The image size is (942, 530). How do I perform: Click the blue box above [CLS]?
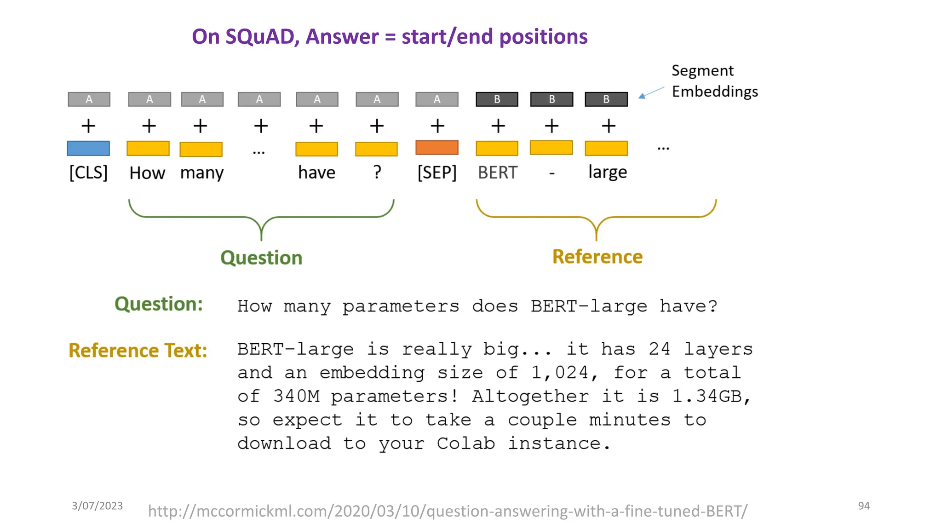click(88, 148)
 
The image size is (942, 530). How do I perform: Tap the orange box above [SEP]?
click(437, 148)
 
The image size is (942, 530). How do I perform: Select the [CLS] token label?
click(88, 173)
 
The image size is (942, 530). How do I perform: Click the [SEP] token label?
click(437, 173)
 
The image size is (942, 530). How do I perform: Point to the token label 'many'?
click(201, 173)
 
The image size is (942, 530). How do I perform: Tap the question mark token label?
click(377, 172)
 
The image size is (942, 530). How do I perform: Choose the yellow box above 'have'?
click(316, 149)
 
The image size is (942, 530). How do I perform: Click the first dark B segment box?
click(497, 99)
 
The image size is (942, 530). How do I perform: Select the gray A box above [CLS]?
click(89, 99)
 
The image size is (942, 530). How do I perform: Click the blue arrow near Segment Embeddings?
click(651, 92)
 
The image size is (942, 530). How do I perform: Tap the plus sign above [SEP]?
click(437, 126)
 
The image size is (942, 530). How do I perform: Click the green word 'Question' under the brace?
click(261, 258)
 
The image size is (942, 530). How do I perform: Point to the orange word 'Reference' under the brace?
click(597, 257)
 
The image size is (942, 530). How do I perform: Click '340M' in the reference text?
click(296, 396)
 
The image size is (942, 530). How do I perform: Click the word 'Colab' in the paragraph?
click(465, 444)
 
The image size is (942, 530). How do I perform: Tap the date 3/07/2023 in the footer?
click(97, 506)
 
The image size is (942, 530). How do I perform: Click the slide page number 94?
click(864, 506)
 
